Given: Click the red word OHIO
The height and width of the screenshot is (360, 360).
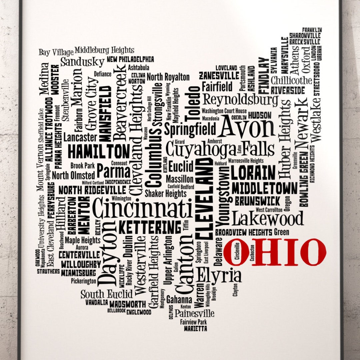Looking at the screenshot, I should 274,252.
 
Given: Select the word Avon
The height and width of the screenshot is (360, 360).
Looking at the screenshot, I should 247,127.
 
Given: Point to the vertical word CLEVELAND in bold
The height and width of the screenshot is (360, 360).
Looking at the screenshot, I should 204,198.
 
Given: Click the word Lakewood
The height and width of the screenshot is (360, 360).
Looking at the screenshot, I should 268,219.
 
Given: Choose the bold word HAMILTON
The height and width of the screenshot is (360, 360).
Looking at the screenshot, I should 98,152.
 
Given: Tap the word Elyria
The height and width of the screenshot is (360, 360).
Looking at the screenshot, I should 219,275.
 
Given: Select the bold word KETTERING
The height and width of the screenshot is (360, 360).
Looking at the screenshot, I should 150,228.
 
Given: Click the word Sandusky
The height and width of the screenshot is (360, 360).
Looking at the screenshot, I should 82,62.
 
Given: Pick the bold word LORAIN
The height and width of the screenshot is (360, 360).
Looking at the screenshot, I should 253,173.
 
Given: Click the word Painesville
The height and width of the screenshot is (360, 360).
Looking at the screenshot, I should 194,313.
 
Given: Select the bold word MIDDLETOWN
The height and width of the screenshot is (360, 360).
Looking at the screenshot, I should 264,188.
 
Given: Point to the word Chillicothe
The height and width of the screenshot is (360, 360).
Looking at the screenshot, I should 291,80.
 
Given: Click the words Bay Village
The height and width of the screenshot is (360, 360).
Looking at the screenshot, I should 56,52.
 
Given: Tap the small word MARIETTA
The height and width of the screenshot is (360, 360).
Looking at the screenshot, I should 195,329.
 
